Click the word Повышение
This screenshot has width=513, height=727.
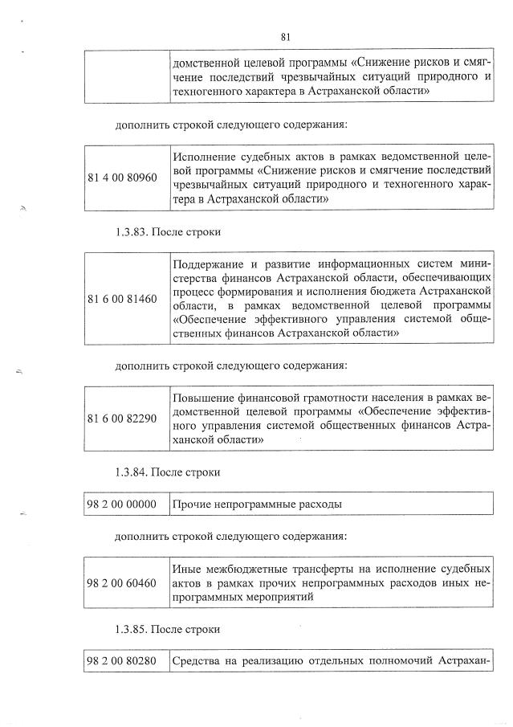(x=204, y=398)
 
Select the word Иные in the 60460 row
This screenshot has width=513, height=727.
(x=187, y=569)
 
